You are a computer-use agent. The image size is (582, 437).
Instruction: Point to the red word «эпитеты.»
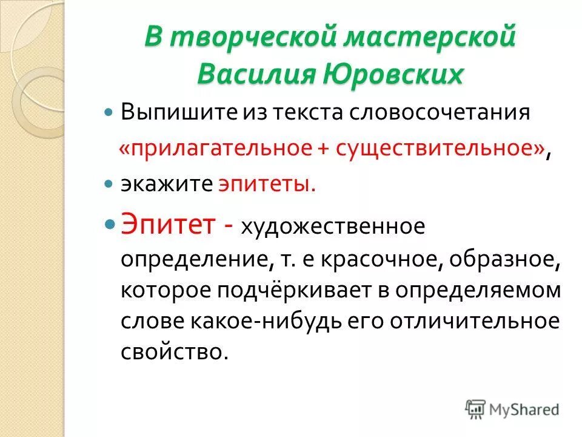pos(267,183)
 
